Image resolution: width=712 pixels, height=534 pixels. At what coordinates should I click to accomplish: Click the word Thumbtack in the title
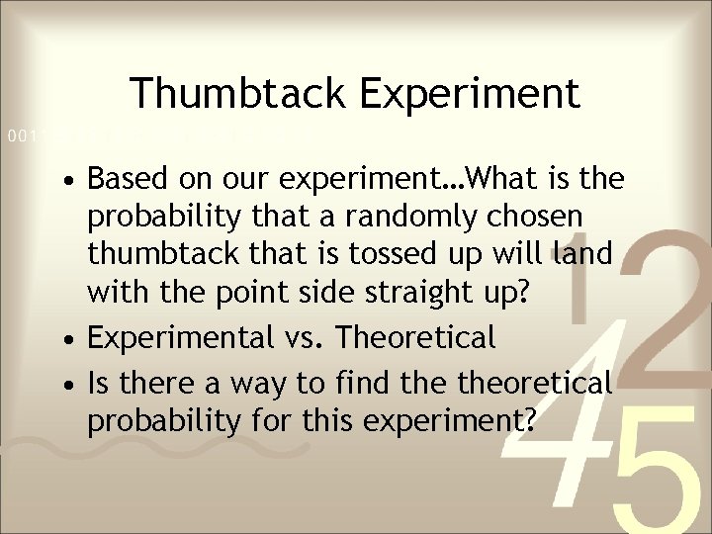[237, 94]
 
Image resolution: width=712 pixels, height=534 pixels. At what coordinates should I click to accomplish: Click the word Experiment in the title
[469, 94]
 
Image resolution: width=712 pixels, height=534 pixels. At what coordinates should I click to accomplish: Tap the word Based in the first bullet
[125, 180]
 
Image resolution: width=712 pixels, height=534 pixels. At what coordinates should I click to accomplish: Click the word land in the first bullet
[584, 252]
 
